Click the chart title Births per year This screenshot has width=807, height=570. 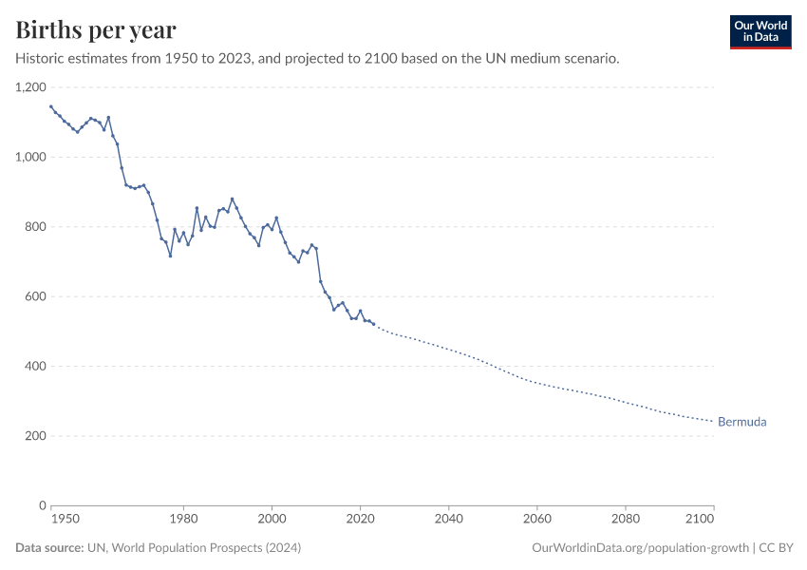point(95,30)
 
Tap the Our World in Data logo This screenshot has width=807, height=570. point(760,31)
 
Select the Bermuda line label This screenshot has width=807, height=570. point(741,422)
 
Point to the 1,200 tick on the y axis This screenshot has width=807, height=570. point(30,87)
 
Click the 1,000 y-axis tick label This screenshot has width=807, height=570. point(30,157)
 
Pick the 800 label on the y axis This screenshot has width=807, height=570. point(35,227)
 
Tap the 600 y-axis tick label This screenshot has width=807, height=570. point(35,296)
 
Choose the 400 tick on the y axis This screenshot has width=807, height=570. point(35,367)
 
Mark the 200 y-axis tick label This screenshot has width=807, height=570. point(35,436)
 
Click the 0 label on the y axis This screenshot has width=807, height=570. point(42,506)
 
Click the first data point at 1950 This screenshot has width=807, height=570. point(51,106)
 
